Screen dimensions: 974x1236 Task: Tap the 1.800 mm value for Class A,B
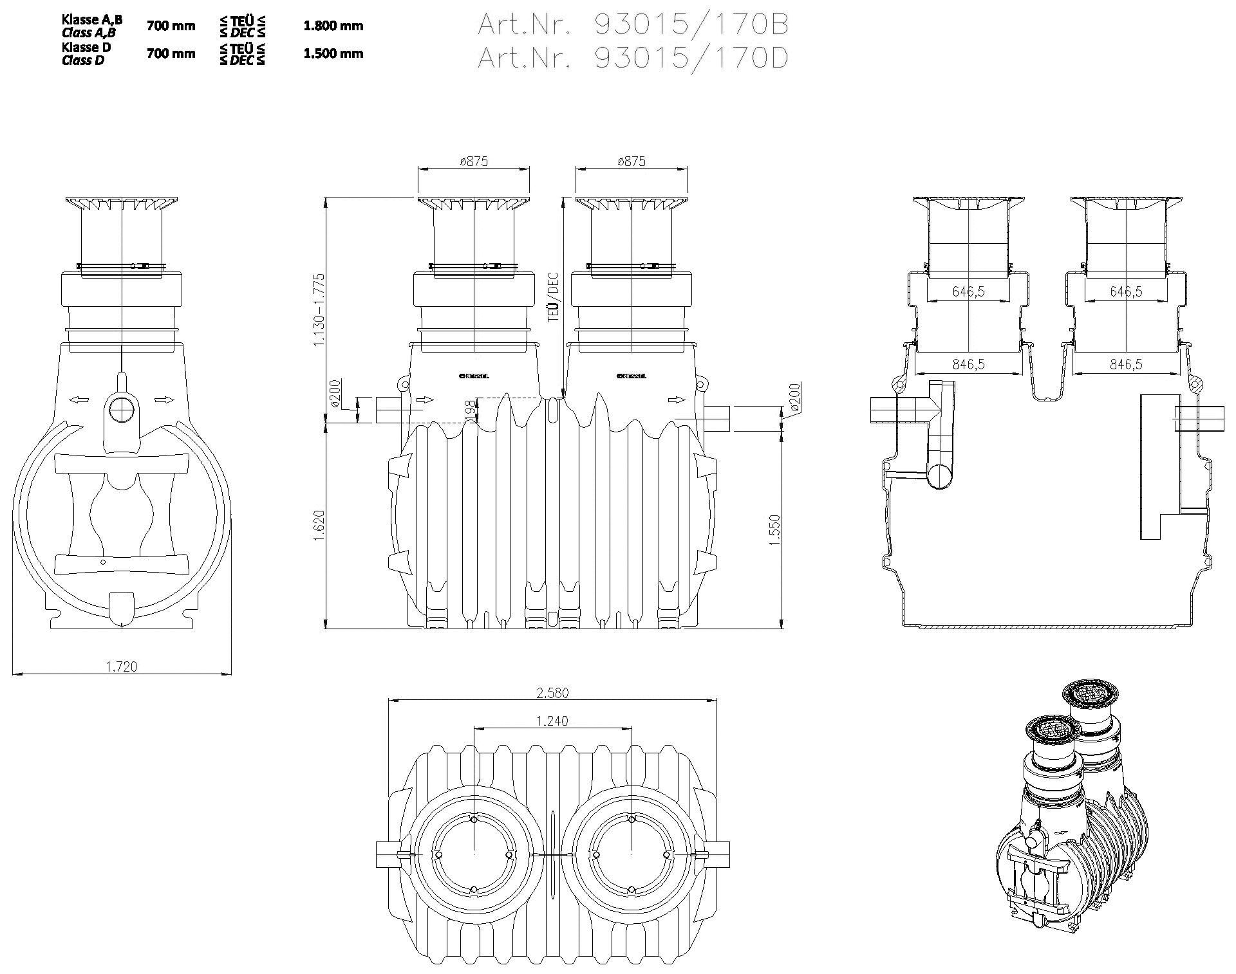click(x=333, y=26)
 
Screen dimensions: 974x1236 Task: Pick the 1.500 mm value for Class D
click(x=333, y=53)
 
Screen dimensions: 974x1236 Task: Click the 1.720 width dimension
click(x=122, y=666)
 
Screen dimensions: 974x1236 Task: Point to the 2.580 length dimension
click(x=553, y=693)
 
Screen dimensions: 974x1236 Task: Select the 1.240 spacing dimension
click(x=552, y=721)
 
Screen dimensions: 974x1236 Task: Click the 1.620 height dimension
click(x=319, y=526)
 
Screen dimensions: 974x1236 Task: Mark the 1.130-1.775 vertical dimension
click(x=319, y=310)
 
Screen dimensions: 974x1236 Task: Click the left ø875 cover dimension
click(x=474, y=161)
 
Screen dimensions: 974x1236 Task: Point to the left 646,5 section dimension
click(x=968, y=292)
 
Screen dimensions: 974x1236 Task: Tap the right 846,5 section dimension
click(x=1126, y=365)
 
